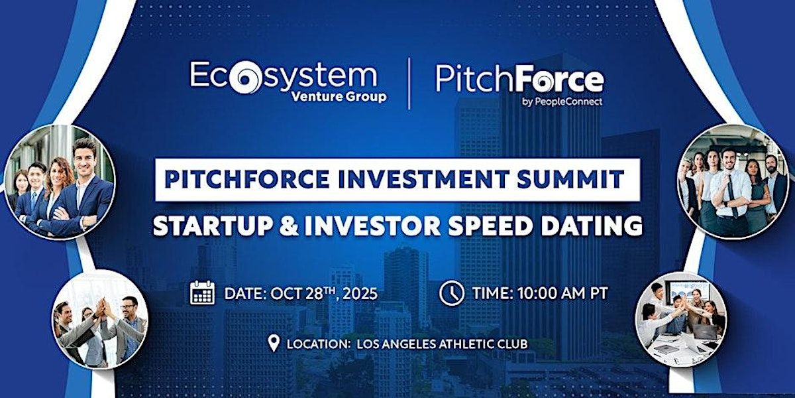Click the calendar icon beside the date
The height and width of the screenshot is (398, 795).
tap(202, 293)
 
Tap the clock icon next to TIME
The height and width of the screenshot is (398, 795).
tap(451, 293)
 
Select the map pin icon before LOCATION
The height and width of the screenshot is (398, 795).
tap(273, 344)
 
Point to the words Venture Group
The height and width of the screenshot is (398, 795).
tap(339, 97)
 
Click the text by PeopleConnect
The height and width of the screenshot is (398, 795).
tap(562, 102)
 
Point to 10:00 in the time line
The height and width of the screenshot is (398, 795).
tap(537, 293)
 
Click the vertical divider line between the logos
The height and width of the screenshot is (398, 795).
tap(409, 83)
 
